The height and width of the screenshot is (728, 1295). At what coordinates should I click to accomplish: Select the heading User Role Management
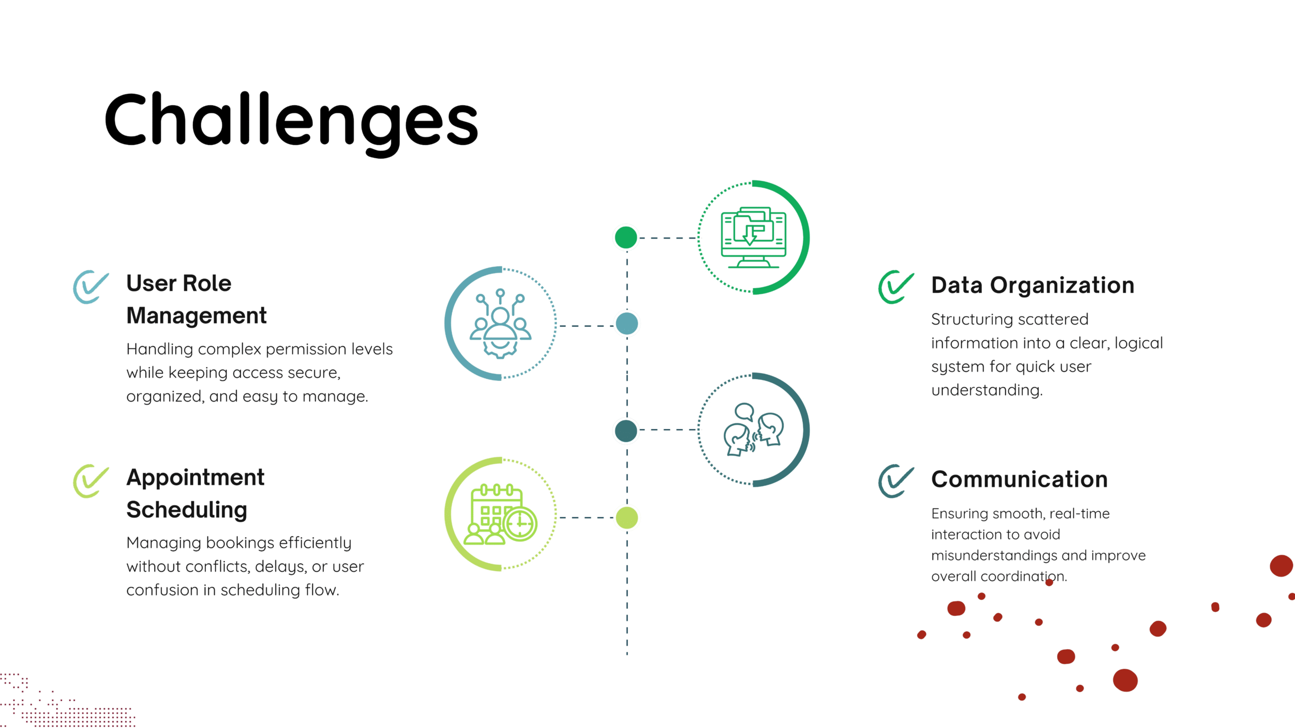coord(196,299)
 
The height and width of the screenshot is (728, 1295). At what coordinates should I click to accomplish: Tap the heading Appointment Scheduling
coord(195,493)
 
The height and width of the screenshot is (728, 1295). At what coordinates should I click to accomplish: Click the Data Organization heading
coord(1032,286)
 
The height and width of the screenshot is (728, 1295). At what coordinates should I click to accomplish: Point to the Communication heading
coord(1019,479)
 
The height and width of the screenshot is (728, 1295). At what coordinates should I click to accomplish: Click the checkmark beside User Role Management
coord(91,287)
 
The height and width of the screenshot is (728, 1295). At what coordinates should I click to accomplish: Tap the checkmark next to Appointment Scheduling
coord(91,481)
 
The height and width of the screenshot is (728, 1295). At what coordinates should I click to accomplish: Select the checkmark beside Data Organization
coord(896,287)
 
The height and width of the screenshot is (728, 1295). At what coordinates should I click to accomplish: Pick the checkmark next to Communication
coord(896,481)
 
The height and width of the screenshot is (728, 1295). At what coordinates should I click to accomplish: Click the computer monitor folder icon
coord(753,237)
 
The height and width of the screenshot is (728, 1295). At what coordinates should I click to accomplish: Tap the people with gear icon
coord(500,324)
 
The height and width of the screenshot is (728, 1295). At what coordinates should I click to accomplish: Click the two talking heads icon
coord(753,430)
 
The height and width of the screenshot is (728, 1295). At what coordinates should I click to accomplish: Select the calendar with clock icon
coord(503,514)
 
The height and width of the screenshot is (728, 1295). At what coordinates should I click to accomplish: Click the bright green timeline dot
coord(626,238)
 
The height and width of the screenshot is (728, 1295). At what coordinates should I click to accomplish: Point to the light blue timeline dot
coord(627,324)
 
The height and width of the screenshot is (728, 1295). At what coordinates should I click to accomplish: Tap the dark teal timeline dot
coord(626,431)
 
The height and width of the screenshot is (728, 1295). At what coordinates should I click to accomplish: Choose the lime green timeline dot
coord(627,518)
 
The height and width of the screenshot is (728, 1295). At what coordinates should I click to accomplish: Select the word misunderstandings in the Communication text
coord(995,556)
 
